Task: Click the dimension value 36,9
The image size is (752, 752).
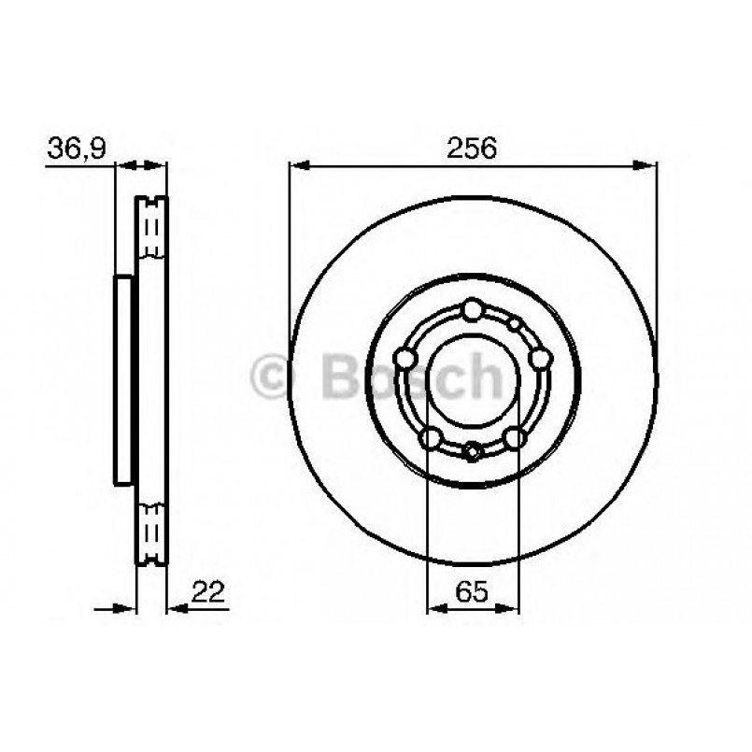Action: pos(78,149)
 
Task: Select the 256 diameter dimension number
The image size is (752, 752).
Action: pos(472,149)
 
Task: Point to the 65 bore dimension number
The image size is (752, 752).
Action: pos(472,590)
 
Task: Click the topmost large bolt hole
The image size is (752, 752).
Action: pos(473,309)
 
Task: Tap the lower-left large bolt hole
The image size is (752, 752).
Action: pos(431,437)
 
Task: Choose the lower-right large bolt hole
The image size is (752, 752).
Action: pos(515,437)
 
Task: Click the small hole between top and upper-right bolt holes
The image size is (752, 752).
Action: pos(515,324)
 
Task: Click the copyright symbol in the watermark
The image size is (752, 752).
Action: pos(273,377)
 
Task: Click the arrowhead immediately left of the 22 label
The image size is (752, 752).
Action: pos(177,608)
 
